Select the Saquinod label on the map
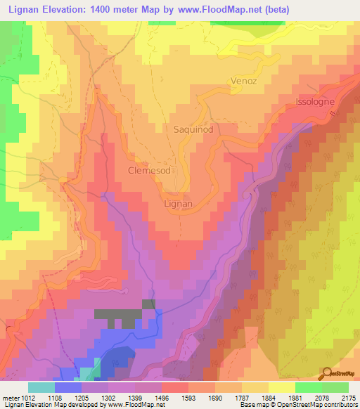(x=193, y=129)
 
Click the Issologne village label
(x=321, y=101)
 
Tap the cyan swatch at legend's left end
(x=41, y=388)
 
